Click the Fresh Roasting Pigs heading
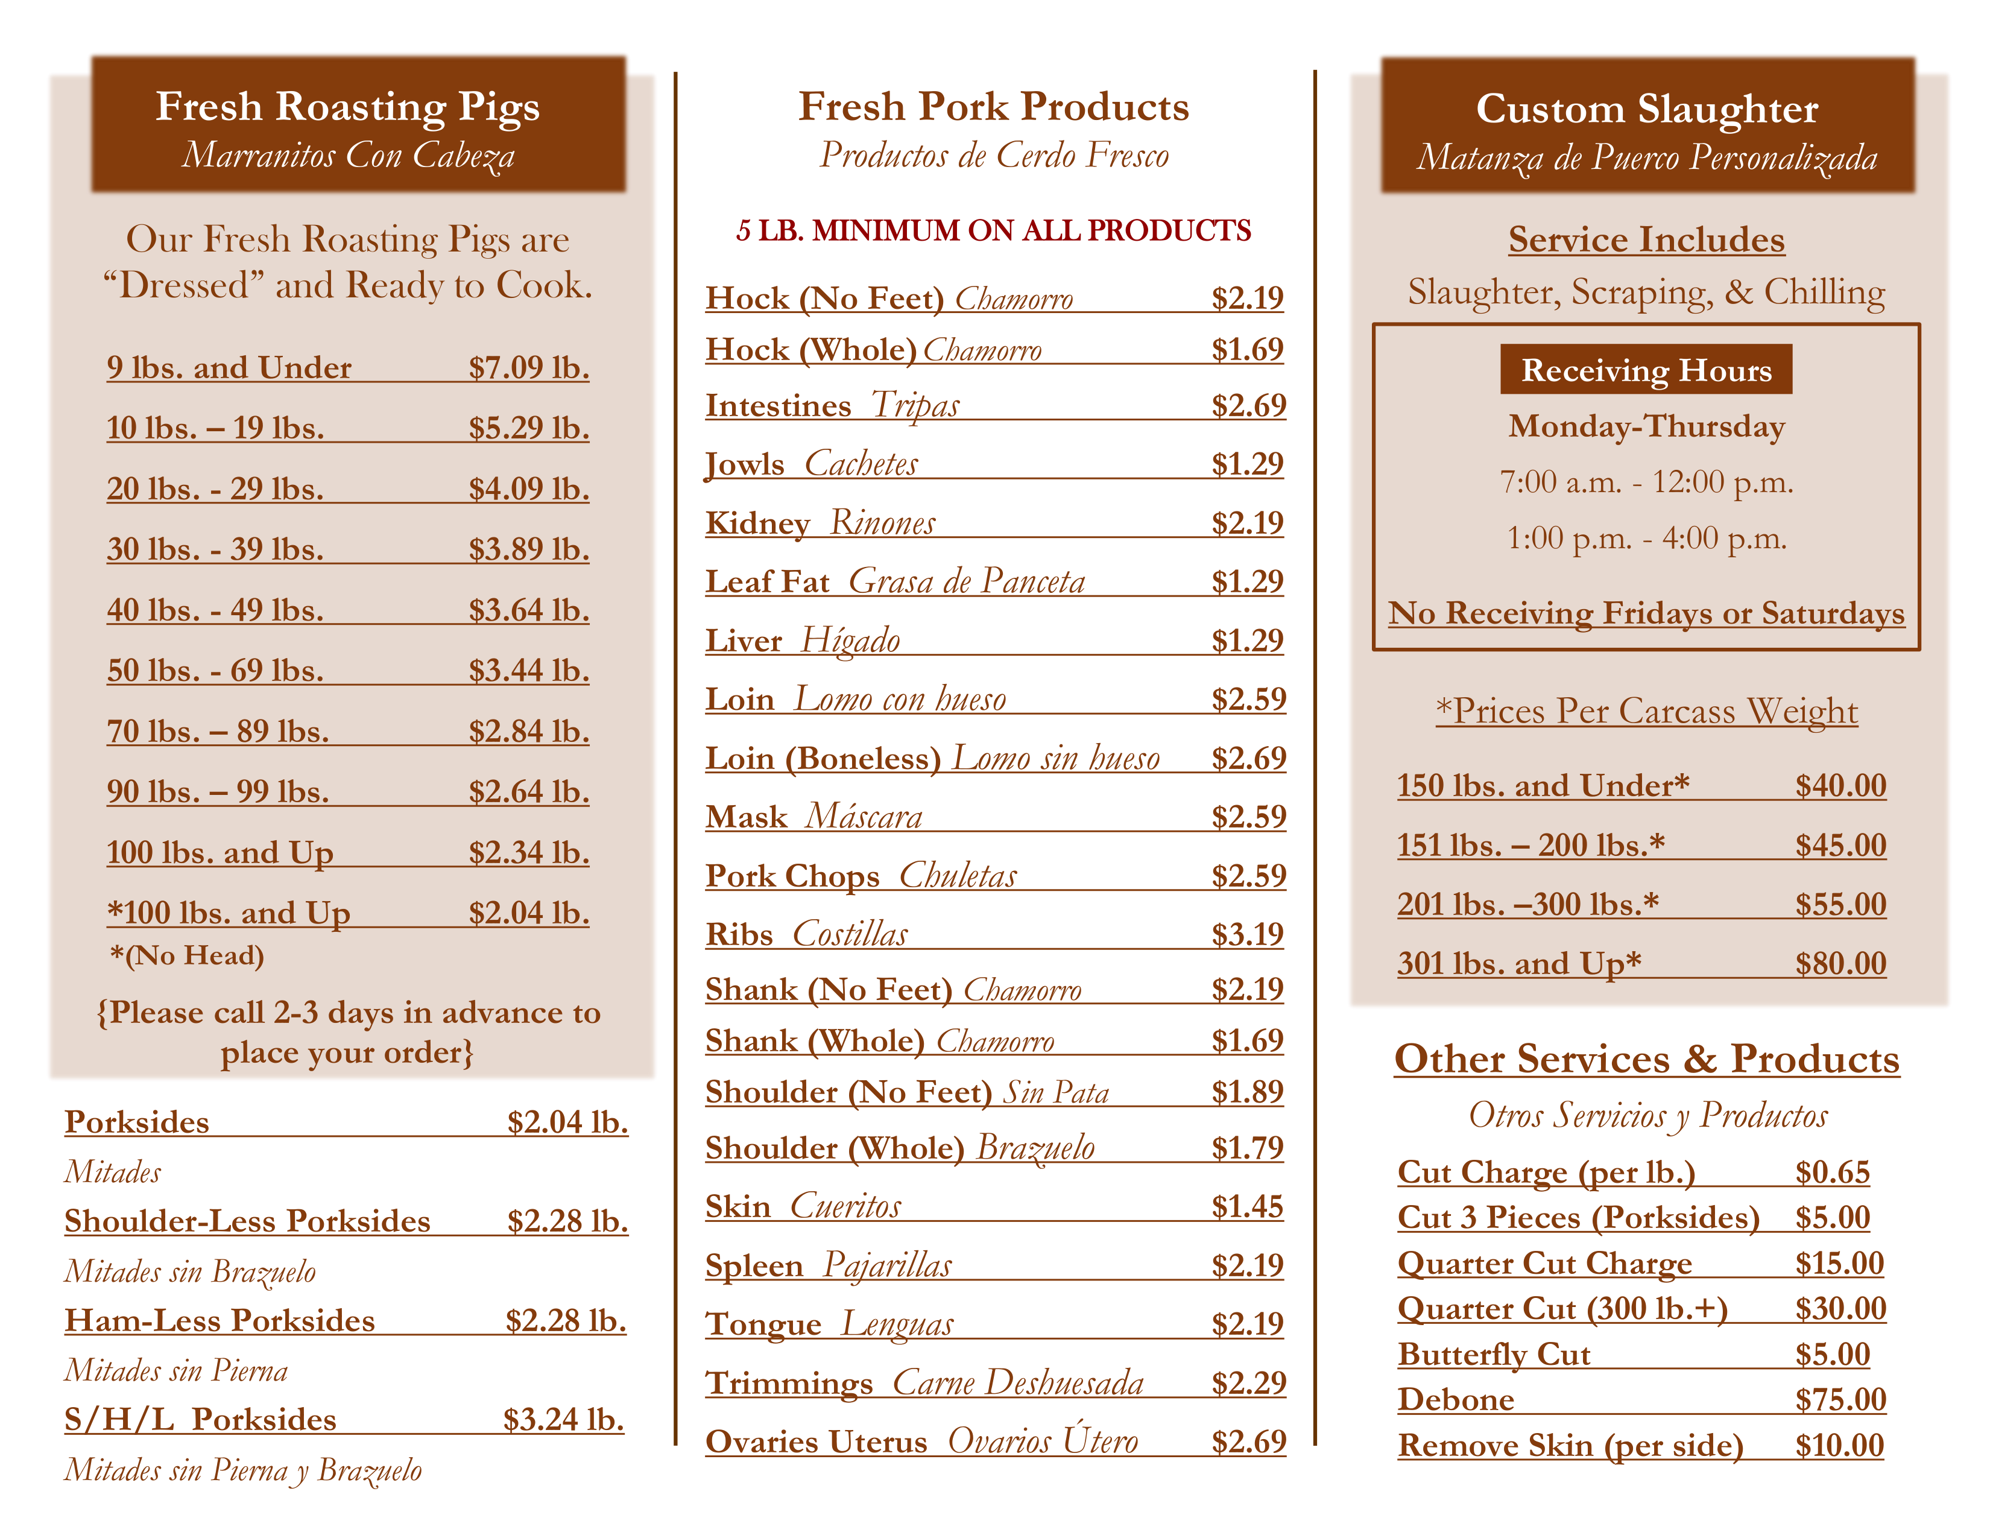[x=347, y=107]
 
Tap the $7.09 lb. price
[x=528, y=367]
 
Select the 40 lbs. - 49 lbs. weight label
[x=215, y=610]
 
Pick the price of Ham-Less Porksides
[x=566, y=1320]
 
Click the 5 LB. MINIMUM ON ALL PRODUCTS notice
[x=993, y=230]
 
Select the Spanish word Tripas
[x=915, y=405]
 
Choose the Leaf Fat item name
[x=767, y=581]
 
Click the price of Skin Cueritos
[x=1246, y=1206]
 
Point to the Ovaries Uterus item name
[x=815, y=1441]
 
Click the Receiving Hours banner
[x=1646, y=370]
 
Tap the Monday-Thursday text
[x=1646, y=426]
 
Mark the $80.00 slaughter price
[x=1840, y=963]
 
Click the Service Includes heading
[x=1646, y=239]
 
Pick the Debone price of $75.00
[x=1840, y=1399]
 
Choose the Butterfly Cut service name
[x=1494, y=1354]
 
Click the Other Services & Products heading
[x=1646, y=1059]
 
